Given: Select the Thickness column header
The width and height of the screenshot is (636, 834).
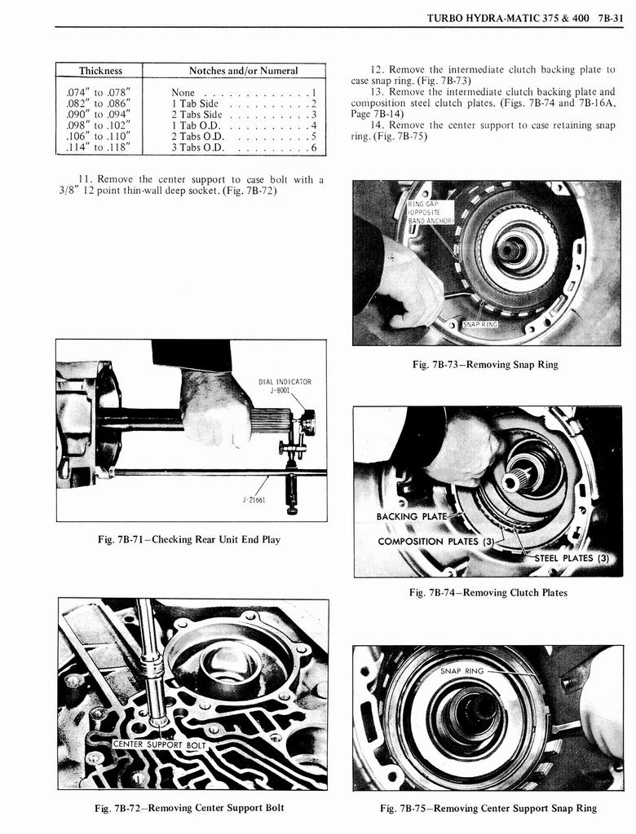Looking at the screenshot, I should pyautogui.click(x=100, y=71).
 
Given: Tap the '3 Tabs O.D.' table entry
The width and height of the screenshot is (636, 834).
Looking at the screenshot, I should pyautogui.click(x=197, y=147).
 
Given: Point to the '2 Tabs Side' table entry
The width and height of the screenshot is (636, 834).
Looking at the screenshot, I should pyautogui.click(x=197, y=115).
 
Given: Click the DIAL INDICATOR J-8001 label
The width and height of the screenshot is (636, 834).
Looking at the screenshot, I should pyautogui.click(x=285, y=385).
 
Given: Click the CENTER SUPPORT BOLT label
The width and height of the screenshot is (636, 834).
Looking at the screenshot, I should pyautogui.click(x=161, y=744).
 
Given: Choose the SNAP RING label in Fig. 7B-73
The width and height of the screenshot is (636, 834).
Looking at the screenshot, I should pyautogui.click(x=480, y=324).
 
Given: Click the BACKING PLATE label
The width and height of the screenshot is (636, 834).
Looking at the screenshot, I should pyautogui.click(x=412, y=516).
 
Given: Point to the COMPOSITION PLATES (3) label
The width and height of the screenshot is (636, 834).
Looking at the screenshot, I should pyautogui.click(x=433, y=542).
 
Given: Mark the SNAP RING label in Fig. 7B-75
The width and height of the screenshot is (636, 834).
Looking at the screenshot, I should pyautogui.click(x=462, y=671).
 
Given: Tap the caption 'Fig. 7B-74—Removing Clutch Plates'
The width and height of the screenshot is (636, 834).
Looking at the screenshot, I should pyautogui.click(x=488, y=592).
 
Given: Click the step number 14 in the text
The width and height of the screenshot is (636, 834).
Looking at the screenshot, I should pyautogui.click(x=377, y=125).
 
